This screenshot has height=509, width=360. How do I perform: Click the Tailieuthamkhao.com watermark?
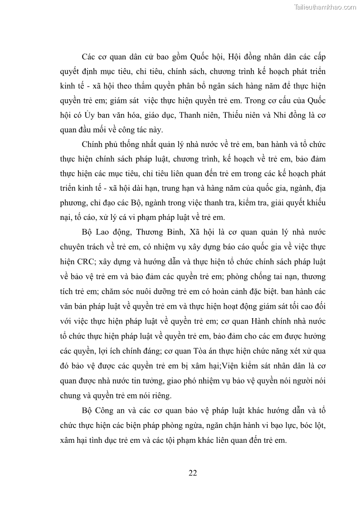[x=325, y=7]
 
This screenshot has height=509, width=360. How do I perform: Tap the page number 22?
[x=193, y=473]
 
